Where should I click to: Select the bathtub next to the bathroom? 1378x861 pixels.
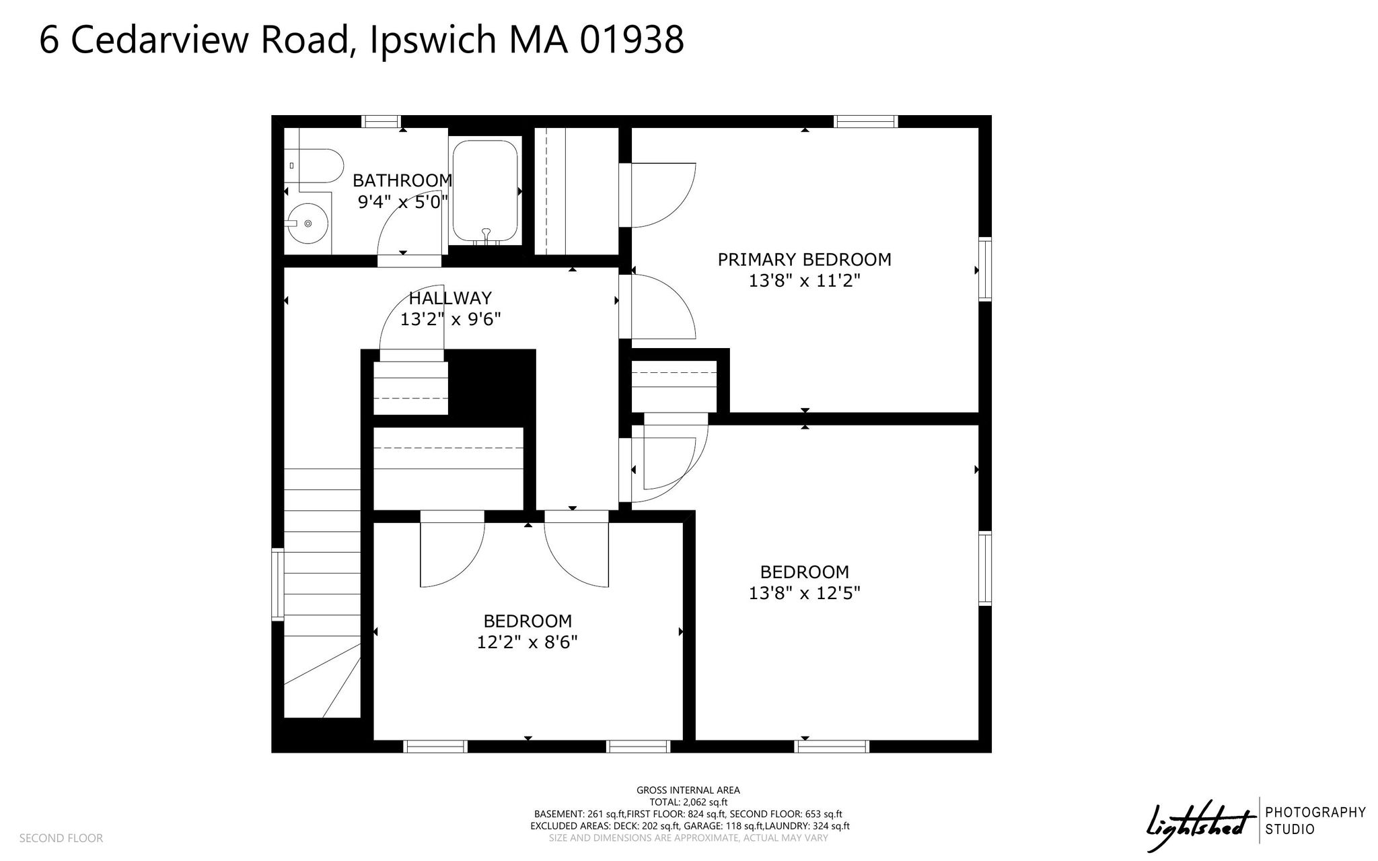coord(485,192)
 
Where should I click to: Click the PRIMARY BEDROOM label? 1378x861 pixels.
coord(804,259)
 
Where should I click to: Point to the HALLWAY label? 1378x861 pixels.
coord(450,298)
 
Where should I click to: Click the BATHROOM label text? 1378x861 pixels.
coord(402,180)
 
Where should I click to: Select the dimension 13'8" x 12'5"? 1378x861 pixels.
coord(805,593)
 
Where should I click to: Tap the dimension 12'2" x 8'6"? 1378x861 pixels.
coord(528,642)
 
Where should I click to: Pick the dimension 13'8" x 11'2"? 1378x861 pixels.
coord(805,281)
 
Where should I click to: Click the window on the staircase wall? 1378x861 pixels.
coord(277,584)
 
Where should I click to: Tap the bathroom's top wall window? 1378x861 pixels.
coord(381,122)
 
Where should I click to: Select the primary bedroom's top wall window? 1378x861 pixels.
coord(866,122)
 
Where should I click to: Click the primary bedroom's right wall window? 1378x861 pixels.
coord(985,269)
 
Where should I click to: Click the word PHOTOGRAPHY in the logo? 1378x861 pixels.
coord(1315,813)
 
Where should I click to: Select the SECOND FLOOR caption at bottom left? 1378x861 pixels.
coord(61,838)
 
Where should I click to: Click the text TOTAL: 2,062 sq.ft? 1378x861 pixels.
coord(688,802)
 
